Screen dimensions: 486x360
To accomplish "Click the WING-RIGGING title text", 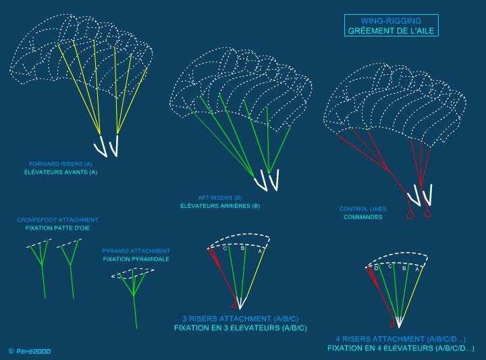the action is [391, 21].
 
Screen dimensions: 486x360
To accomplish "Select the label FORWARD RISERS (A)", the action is [61, 164].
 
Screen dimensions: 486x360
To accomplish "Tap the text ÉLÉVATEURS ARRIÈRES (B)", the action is [220, 206].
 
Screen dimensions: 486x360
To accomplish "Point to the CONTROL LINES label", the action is [362, 209].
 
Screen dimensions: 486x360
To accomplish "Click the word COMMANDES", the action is [362, 217].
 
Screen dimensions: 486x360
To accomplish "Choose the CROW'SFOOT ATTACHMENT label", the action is [57, 220].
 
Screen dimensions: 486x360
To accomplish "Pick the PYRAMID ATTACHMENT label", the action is [136, 251].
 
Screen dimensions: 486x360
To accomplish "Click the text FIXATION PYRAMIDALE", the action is [136, 259].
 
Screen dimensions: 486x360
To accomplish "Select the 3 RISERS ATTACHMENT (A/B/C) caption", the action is [240, 319].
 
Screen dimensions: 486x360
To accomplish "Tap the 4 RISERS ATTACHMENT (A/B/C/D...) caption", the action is [401, 339].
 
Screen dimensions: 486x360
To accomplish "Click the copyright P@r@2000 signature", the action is [30, 351].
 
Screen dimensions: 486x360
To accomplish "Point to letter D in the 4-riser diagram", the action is [376, 268].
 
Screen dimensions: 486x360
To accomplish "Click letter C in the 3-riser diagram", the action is [225, 249].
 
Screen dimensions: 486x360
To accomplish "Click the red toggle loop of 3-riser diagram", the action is [234, 306].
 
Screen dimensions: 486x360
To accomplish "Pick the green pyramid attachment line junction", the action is [134, 294].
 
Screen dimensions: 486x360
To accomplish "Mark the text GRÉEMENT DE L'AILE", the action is [391, 30].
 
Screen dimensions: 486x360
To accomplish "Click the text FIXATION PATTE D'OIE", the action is [57, 228].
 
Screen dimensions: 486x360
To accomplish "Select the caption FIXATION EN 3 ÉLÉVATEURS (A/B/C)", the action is [240, 328].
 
